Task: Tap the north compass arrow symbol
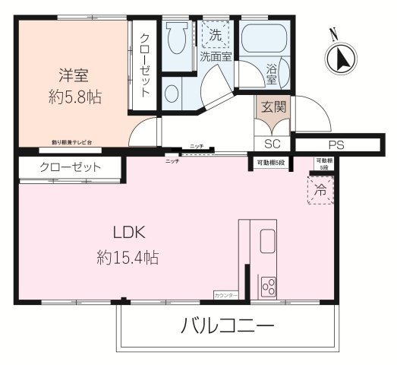tap(339, 58)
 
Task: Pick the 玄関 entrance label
tap(273, 107)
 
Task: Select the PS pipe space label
tap(336, 144)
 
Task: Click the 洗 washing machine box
tap(216, 34)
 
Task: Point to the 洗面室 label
tap(216, 56)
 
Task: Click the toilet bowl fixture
tap(178, 38)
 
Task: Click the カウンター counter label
tap(225, 294)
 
